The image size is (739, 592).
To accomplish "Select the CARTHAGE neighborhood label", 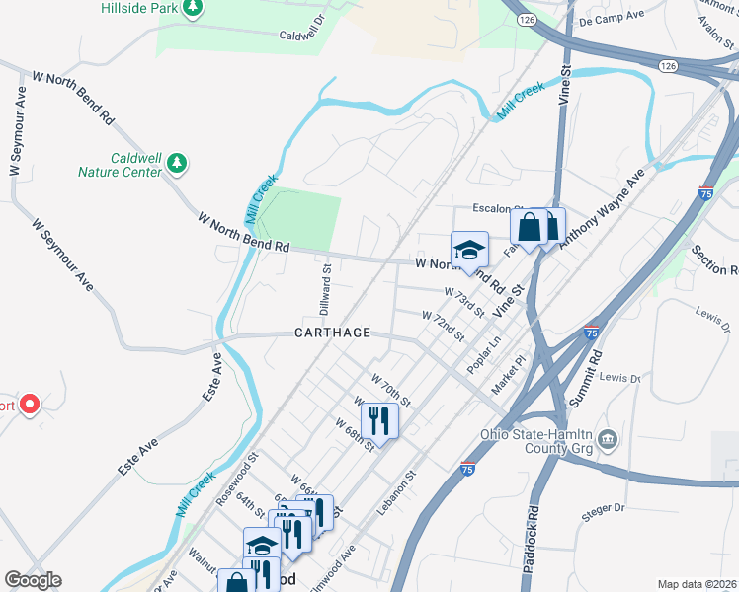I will pyautogui.click(x=332, y=333).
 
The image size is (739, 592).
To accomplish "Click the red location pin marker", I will pyautogui.click(x=30, y=405).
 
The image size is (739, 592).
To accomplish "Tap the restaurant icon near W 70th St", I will pyautogui.click(x=379, y=420).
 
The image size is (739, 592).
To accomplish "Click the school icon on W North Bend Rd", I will pyautogui.click(x=469, y=249).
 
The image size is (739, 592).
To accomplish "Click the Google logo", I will pyautogui.click(x=33, y=580).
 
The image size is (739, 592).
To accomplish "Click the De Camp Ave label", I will pyautogui.click(x=612, y=20).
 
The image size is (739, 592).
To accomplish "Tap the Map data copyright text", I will pyautogui.click(x=696, y=584).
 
